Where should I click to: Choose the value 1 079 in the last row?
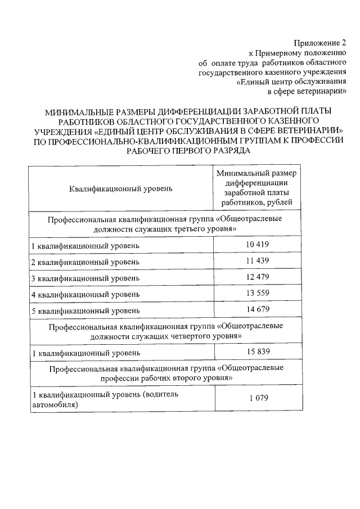(x=259, y=398)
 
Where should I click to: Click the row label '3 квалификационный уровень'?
(x=85, y=278)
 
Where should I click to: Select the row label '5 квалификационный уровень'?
(x=85, y=310)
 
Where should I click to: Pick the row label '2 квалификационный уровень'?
(x=85, y=262)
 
